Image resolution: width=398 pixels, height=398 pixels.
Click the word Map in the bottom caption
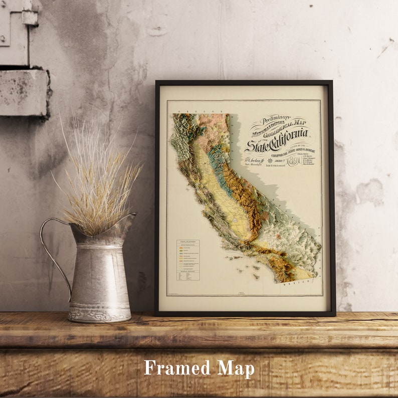click(x=236, y=368)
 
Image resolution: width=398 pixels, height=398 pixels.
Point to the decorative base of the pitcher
click(x=99, y=314)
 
